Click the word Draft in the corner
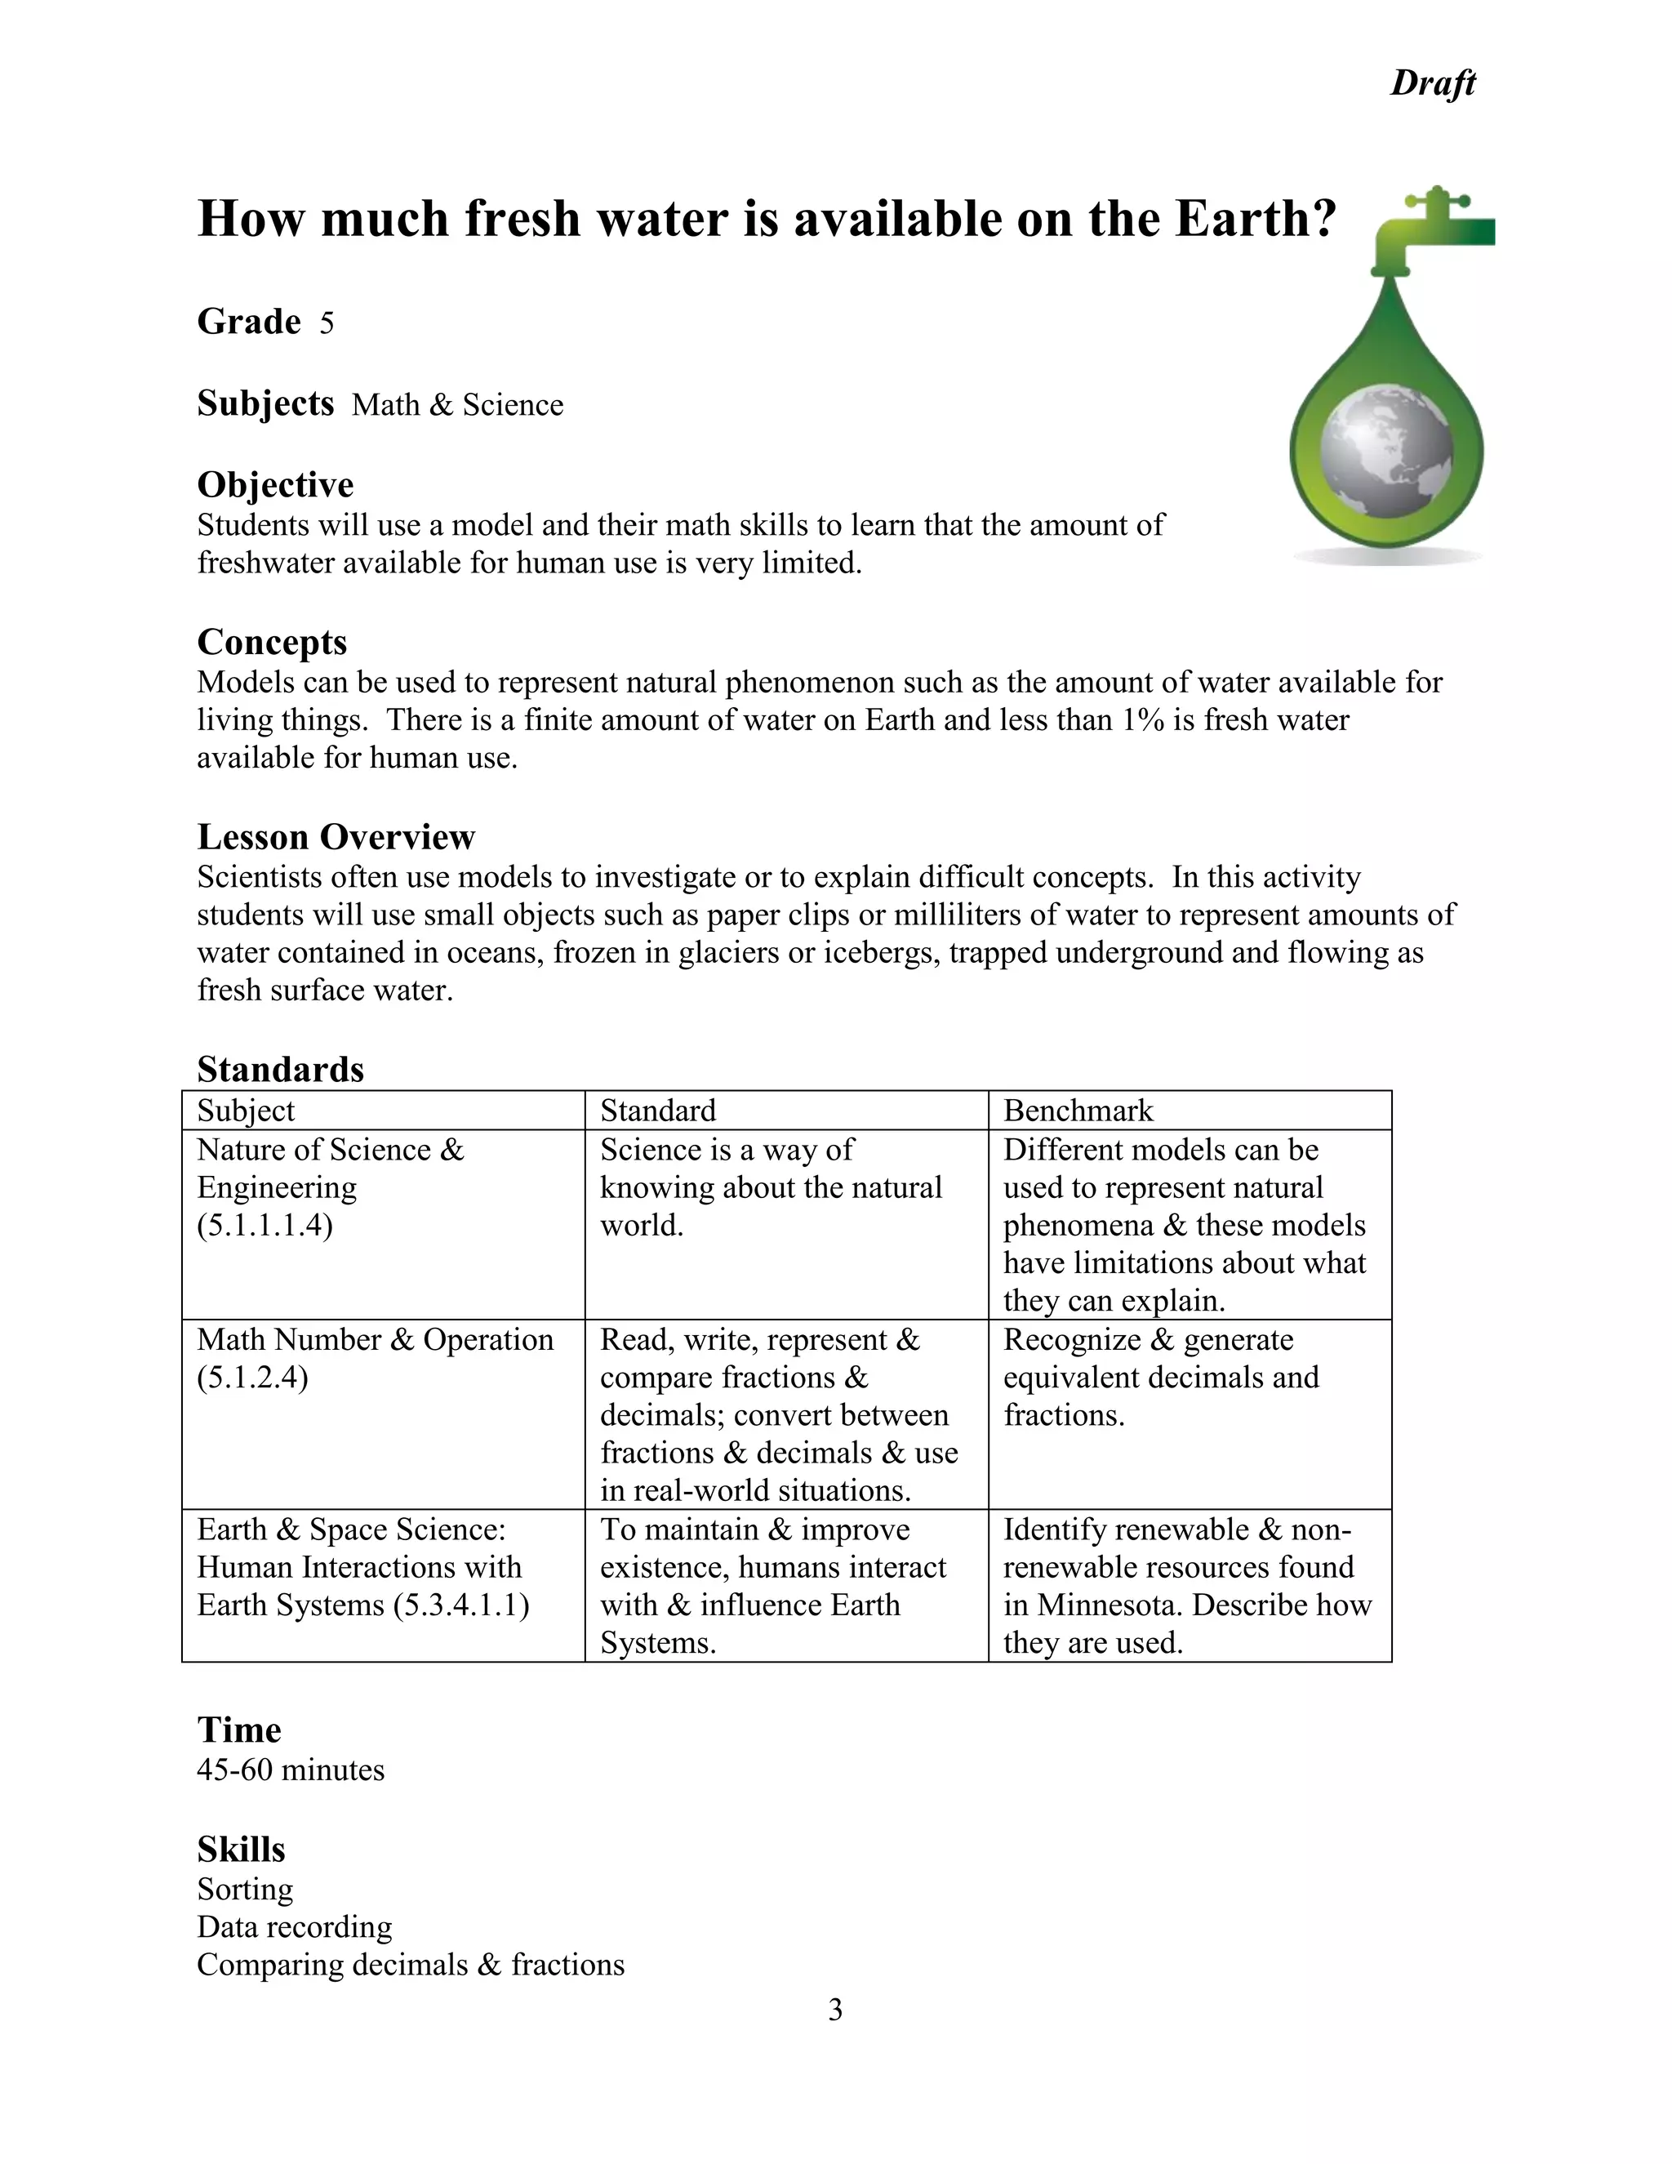coord(1432,83)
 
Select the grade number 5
coord(327,324)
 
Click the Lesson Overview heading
coord(336,837)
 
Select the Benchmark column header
coord(1078,1111)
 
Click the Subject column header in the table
coord(246,1111)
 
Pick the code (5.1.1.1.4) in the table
coord(265,1226)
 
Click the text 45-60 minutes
coord(290,1770)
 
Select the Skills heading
coord(241,1850)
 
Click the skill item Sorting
coord(245,1890)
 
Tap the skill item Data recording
coord(294,1927)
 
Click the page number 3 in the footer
coord(835,2010)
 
